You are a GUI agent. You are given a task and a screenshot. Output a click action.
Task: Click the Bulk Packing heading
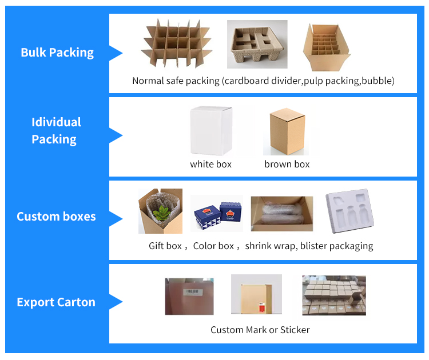pos(57,53)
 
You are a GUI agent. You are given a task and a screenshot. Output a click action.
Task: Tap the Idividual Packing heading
pos(56,130)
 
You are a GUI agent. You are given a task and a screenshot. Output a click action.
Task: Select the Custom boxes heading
pos(56,217)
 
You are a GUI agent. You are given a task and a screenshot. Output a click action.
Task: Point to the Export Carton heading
pos(56,302)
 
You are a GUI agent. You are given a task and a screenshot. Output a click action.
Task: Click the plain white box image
pos(210,130)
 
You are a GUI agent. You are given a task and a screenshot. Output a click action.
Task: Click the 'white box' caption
pos(211,164)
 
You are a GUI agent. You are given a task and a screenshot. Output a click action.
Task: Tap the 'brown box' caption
pos(287,164)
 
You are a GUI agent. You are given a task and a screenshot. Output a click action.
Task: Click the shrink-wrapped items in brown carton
pos(281,214)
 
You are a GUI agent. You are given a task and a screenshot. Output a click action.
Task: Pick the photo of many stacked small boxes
pos(333,295)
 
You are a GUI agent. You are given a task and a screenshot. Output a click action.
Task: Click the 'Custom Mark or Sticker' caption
pos(260,330)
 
